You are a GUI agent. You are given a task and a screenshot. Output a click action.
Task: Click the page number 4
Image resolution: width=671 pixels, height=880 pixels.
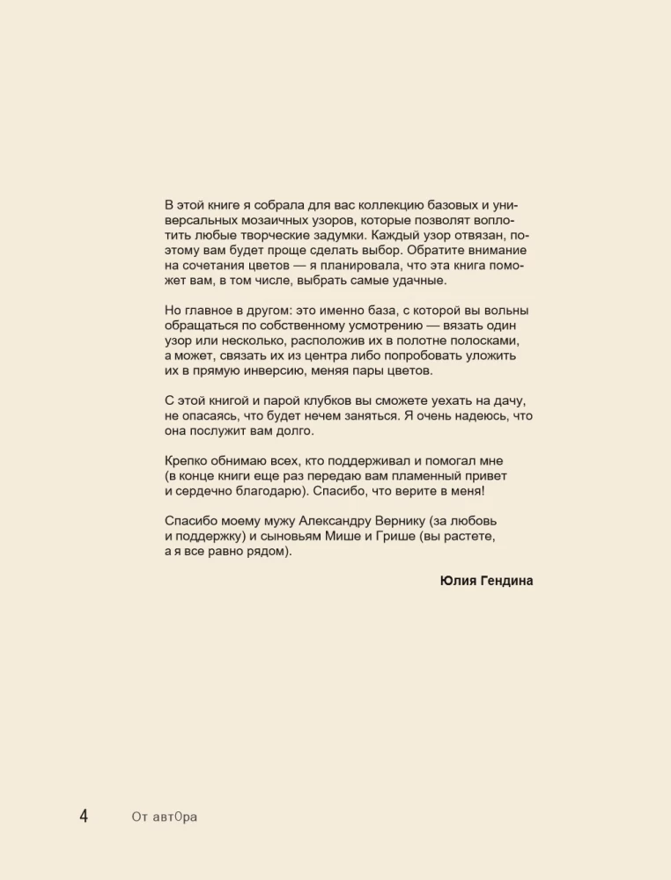click(x=84, y=816)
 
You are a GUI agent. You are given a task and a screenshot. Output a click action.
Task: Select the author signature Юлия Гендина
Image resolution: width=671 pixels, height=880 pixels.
click(x=486, y=581)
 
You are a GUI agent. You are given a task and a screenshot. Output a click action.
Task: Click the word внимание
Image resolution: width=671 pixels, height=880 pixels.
click(x=502, y=250)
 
